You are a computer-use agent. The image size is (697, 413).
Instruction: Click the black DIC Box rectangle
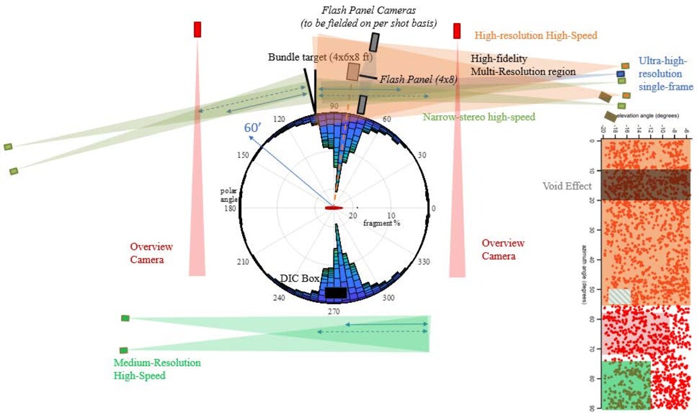(x=336, y=293)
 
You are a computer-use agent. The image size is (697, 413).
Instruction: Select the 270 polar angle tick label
(x=334, y=311)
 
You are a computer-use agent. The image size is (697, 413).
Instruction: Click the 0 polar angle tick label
(x=434, y=208)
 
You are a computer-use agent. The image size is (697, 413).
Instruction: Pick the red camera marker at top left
(x=197, y=29)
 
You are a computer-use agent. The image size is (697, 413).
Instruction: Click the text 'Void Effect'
(x=566, y=186)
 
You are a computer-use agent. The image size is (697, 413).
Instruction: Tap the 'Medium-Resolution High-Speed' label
(x=157, y=369)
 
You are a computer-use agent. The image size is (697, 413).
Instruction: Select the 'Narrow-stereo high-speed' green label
(x=479, y=117)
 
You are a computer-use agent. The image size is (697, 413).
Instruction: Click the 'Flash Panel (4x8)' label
(x=418, y=79)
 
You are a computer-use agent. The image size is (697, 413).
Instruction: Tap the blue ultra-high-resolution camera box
(x=620, y=74)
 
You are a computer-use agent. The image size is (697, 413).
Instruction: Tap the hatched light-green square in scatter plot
(x=619, y=296)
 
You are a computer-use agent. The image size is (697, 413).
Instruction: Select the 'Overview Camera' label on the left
(x=151, y=252)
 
